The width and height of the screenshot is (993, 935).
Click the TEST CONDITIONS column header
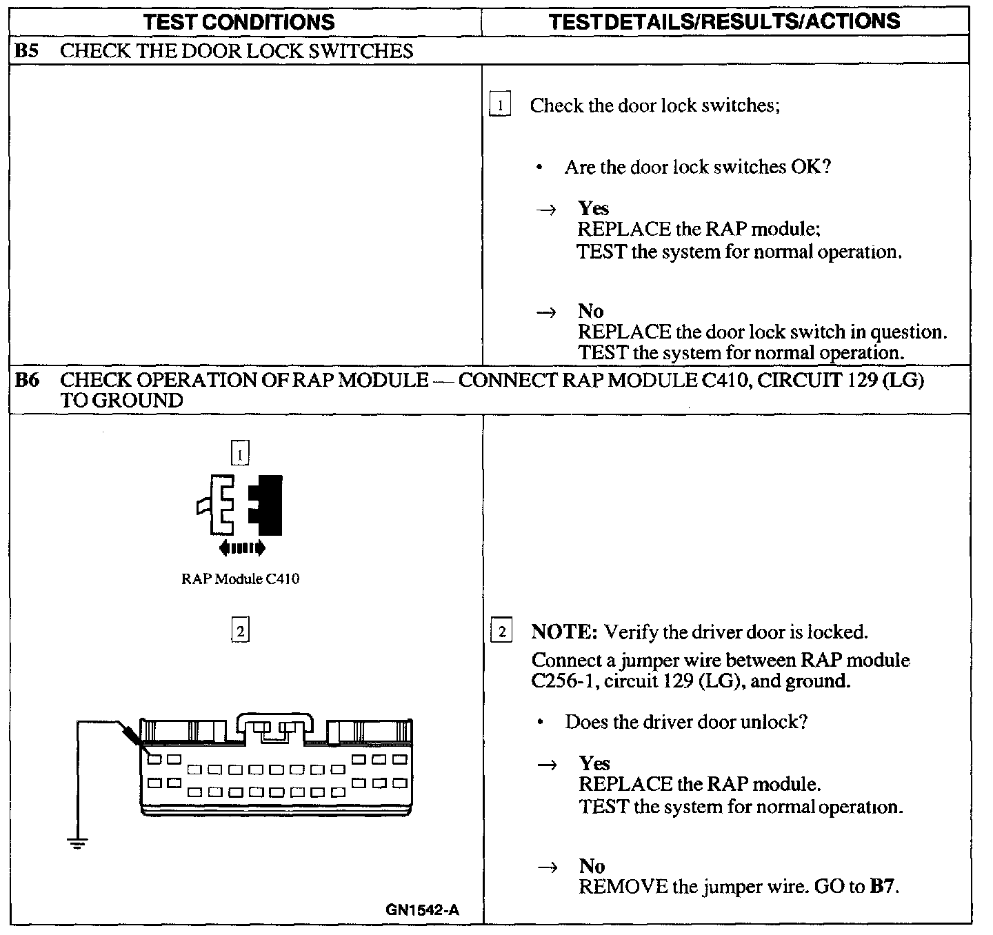pos(239,21)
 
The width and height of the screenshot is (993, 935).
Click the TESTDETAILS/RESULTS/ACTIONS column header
pos(724,21)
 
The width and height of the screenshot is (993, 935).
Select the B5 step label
pos(27,51)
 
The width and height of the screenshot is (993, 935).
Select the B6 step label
pos(27,380)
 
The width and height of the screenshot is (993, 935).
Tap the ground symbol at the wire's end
pos(77,842)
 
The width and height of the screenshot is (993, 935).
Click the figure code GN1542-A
pos(422,909)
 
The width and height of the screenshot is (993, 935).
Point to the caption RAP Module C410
pos(240,579)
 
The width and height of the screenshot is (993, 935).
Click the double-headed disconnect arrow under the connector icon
pos(241,548)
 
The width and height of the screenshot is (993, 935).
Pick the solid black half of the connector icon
pos(269,505)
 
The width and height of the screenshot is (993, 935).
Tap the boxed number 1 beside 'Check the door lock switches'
pos(500,105)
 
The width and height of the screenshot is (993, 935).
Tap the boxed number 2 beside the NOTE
pos(501,632)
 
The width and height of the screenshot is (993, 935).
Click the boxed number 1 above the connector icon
pos(239,454)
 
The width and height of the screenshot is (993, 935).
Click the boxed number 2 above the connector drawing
pos(240,630)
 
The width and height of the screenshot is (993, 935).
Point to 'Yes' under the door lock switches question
pos(593,208)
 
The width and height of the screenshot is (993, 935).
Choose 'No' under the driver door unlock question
pos(592,866)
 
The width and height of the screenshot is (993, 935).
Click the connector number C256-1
pos(559,681)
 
